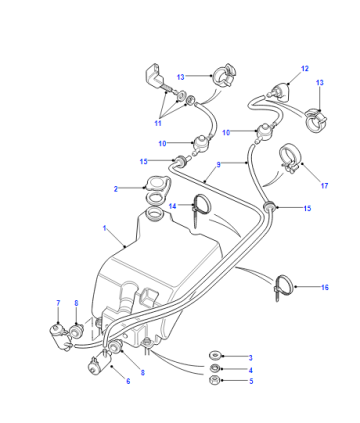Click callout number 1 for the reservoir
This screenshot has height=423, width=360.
104,228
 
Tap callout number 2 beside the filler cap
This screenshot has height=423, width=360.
116,189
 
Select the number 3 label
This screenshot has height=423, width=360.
251,358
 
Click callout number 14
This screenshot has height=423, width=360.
172,206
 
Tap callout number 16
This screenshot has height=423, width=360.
325,287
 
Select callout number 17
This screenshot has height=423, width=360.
324,186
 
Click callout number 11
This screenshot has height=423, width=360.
158,123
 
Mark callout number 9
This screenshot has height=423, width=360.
218,164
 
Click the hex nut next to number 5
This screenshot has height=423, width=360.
213,380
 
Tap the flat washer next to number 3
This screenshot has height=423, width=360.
213,355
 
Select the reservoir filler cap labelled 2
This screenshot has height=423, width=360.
158,183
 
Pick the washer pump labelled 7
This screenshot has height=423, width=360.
60,336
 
